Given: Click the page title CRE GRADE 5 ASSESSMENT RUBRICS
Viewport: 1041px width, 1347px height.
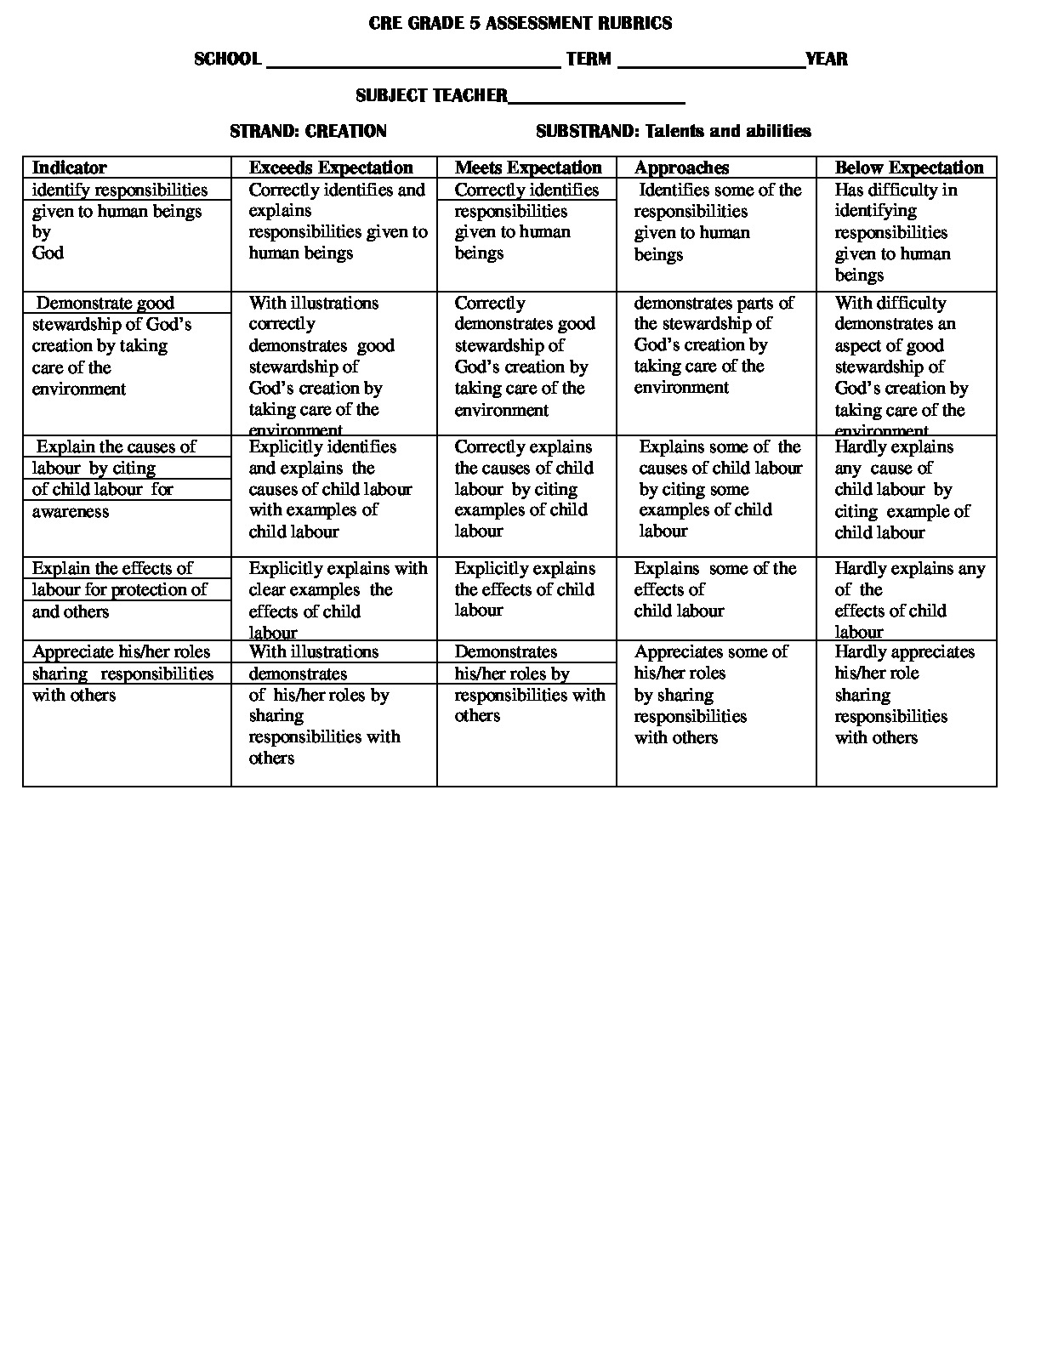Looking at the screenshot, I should click(x=520, y=24).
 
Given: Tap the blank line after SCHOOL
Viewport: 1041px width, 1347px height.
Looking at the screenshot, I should click(x=413, y=61).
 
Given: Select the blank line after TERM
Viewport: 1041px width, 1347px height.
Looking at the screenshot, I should click(x=711, y=61).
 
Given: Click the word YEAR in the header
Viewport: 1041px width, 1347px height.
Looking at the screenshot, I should click(x=827, y=60).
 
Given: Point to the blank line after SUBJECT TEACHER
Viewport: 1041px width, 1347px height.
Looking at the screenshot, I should click(x=596, y=98).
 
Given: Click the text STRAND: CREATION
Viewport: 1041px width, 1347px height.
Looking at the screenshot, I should click(x=308, y=131).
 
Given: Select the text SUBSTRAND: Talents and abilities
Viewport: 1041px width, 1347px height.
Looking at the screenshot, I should click(x=673, y=131).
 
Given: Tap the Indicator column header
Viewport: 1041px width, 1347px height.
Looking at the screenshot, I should click(x=70, y=168).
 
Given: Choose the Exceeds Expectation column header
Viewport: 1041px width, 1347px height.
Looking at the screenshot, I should click(x=331, y=168).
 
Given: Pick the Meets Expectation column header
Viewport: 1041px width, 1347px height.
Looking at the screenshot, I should click(x=528, y=168).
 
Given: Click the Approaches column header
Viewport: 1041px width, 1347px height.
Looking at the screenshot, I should click(x=681, y=168).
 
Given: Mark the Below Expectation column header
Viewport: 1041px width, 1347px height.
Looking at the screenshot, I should click(x=908, y=168).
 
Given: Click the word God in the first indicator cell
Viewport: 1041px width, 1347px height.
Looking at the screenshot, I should click(x=48, y=253).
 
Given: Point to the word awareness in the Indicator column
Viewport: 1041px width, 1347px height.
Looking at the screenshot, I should click(x=71, y=511).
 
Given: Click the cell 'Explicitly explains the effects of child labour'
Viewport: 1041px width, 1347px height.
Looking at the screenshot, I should click(x=525, y=589).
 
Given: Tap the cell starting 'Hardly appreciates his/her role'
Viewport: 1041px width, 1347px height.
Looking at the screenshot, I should click(x=904, y=695).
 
